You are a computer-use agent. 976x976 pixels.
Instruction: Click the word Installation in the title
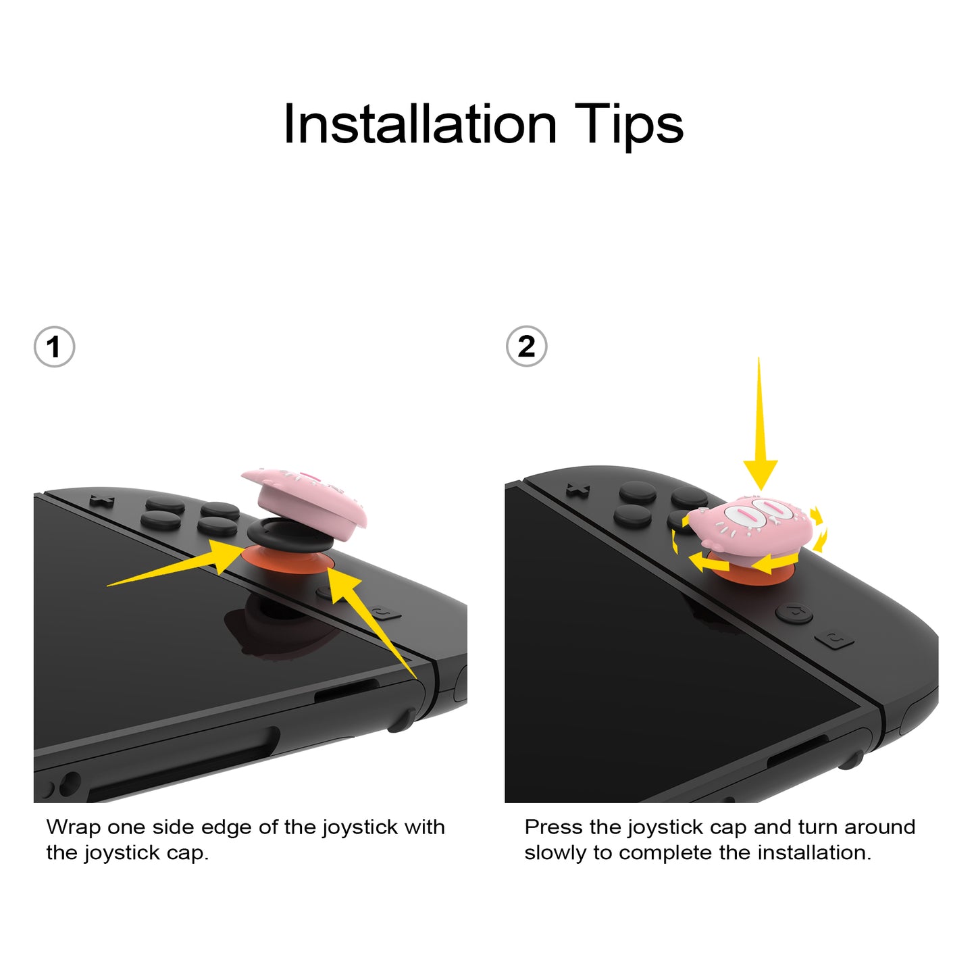pos(419,124)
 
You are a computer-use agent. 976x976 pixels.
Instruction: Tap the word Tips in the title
pos(629,126)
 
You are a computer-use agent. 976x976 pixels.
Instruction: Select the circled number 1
pos(54,347)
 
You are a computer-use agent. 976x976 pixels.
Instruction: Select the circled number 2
pos(526,346)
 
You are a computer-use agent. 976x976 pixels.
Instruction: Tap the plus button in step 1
pos(102,501)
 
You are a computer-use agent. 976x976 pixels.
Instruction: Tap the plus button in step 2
pos(577,490)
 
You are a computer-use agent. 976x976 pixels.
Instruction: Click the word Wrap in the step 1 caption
pos(73,827)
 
